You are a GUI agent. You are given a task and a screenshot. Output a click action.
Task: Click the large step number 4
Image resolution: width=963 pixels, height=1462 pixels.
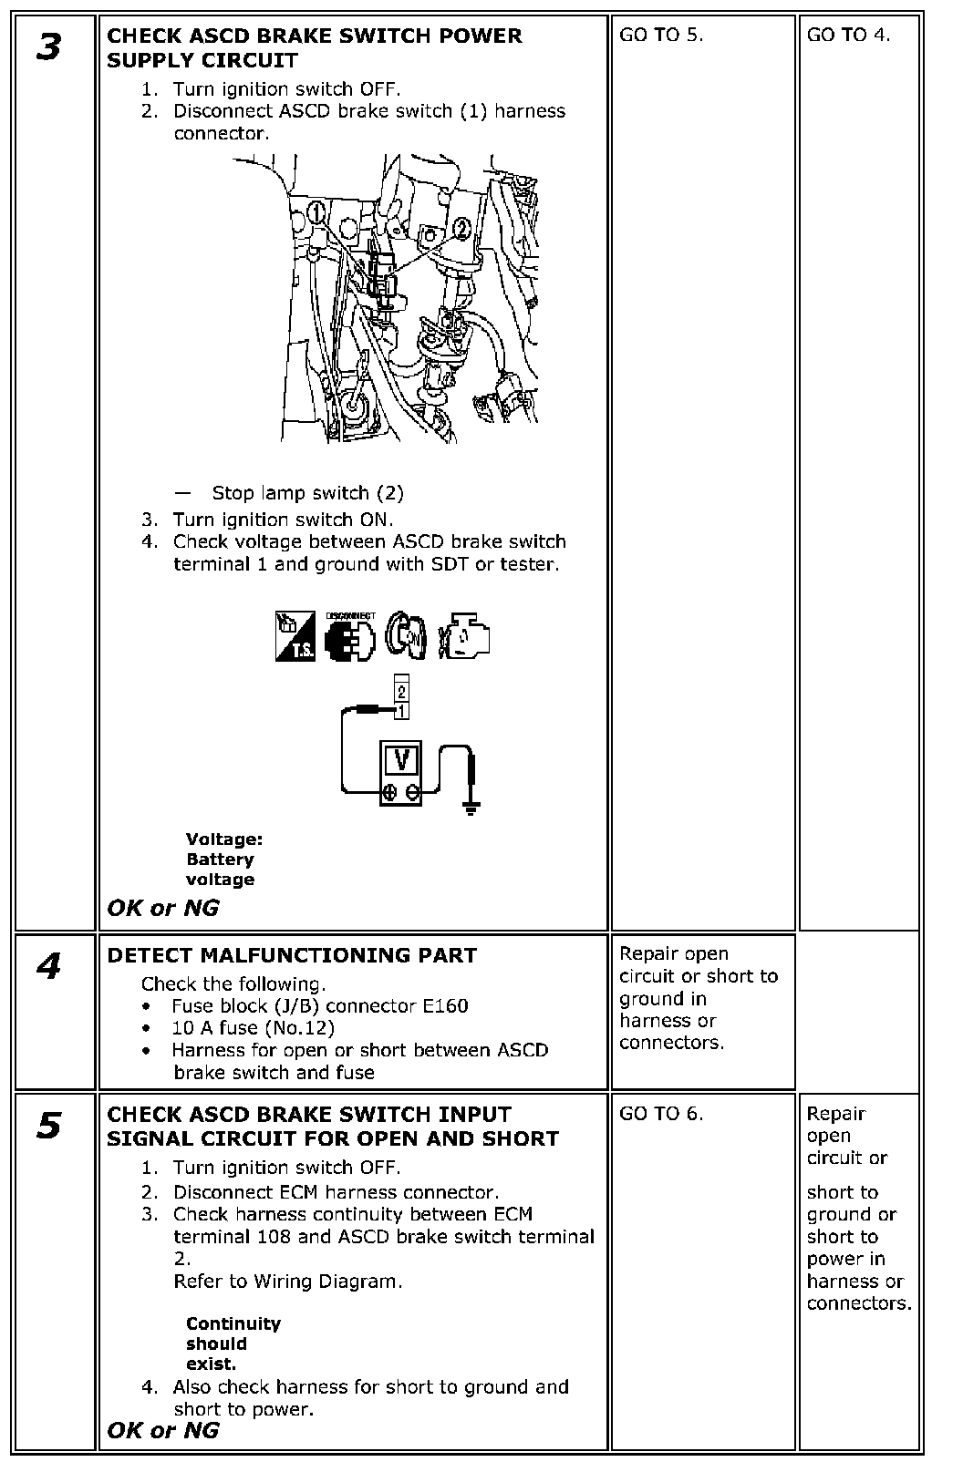pos(49,966)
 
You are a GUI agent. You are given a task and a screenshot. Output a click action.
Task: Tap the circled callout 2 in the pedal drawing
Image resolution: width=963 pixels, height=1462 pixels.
pos(462,228)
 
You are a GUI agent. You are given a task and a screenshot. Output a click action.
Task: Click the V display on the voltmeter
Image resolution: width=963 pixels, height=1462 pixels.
pos(400,759)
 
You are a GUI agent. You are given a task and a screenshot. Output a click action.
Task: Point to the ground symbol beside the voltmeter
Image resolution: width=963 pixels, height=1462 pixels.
pos(471,806)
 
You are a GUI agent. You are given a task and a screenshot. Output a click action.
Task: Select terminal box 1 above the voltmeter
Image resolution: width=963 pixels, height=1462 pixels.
pos(401,709)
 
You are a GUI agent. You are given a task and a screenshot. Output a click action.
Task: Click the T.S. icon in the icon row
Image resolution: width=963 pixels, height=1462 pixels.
pos(295,636)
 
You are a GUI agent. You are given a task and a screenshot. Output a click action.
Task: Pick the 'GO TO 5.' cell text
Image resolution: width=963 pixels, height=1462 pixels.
pos(661,36)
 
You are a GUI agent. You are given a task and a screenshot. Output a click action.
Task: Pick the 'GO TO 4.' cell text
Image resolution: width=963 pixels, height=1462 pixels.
pos(849,36)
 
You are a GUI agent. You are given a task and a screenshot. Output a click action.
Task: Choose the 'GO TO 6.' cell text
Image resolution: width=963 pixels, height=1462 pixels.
pos(661,1113)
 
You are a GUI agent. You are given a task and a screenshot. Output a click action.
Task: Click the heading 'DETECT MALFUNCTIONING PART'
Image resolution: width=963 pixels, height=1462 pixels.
pos(292,955)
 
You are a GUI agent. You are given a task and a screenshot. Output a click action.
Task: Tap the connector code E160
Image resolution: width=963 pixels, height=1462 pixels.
pos(445,1006)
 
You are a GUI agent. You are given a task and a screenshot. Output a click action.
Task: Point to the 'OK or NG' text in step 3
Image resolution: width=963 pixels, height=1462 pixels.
pos(163,908)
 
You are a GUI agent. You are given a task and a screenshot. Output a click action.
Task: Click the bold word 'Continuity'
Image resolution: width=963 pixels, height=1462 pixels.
pos(233,1323)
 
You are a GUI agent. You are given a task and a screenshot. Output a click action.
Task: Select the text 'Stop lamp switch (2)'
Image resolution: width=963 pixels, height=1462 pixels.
pos(307,493)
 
